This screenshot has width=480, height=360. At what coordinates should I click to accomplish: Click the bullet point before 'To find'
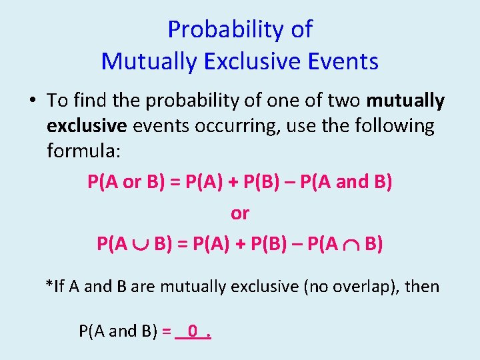click(32, 101)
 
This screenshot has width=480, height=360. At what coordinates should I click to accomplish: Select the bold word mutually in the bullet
click(405, 101)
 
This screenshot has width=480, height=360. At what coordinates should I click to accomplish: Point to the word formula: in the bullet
click(83, 151)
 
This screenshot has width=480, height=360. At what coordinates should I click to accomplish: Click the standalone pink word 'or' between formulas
click(239, 213)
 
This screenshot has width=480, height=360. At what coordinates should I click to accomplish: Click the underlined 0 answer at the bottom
click(193, 330)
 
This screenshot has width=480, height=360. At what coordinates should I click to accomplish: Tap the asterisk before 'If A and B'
click(49, 285)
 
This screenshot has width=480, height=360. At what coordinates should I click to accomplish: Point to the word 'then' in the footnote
click(422, 287)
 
